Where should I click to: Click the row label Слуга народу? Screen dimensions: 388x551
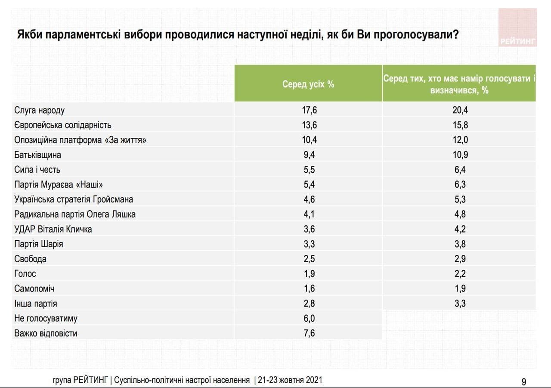[39, 110]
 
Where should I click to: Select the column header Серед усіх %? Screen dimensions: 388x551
[308, 84]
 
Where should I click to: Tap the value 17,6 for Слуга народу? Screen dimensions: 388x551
[309, 110]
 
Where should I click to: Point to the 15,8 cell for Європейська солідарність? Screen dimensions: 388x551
[460, 125]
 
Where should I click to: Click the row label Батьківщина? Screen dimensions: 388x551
[37, 155]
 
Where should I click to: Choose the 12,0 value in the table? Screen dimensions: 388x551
[460, 140]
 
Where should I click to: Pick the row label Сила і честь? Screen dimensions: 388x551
[37, 170]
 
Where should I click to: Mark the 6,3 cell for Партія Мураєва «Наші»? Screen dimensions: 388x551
[460, 185]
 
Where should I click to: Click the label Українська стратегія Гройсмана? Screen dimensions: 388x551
[74, 199]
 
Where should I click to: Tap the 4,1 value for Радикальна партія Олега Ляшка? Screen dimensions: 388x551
[309, 214]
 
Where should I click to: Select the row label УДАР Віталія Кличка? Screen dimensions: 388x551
[53, 229]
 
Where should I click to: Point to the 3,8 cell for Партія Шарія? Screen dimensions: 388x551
[460, 244]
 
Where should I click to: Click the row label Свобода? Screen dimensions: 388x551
[30, 259]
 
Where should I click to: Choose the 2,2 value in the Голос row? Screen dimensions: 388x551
[460, 274]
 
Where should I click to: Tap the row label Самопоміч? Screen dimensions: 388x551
[34, 289]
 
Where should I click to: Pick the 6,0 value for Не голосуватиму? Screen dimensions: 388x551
[309, 318]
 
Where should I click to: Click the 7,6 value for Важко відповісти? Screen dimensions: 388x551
[309, 333]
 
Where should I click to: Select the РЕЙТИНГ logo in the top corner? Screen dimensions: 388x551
[517, 28]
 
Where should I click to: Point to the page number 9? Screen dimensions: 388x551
[523, 382]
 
